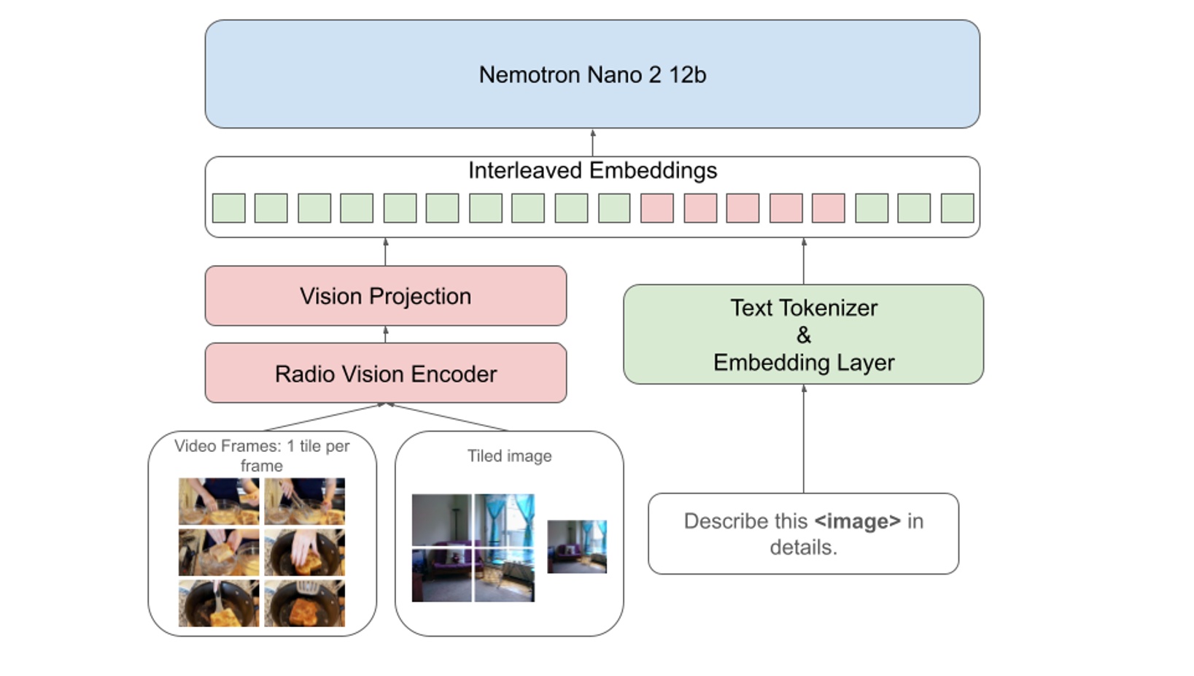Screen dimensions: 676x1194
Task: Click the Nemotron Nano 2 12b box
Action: click(x=592, y=74)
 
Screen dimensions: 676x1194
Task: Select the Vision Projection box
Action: click(x=385, y=296)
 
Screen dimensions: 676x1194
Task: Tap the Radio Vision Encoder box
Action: click(x=385, y=373)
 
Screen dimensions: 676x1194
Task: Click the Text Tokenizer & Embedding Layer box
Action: click(x=803, y=334)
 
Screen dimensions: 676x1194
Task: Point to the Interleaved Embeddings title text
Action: click(x=592, y=170)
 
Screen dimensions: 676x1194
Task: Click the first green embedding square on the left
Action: click(x=228, y=208)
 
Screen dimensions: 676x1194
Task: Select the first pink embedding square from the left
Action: click(x=656, y=208)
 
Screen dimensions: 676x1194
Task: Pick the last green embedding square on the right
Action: click(x=957, y=208)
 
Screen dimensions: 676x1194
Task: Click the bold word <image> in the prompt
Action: click(x=857, y=521)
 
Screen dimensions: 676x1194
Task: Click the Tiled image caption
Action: click(x=509, y=456)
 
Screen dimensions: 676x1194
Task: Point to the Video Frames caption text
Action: click(x=262, y=455)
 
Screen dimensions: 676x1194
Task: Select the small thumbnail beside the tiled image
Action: click(x=576, y=546)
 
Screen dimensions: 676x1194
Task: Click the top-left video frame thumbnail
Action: click(x=219, y=501)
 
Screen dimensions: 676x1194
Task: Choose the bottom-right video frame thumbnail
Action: click(x=304, y=603)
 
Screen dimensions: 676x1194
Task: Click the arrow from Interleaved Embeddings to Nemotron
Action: click(x=592, y=142)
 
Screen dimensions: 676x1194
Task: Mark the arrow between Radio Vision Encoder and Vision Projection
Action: click(x=385, y=334)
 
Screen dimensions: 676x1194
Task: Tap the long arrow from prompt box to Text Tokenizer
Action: click(x=803, y=438)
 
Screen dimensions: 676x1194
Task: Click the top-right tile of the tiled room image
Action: click(x=505, y=519)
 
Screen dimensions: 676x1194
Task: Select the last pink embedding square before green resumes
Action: click(x=828, y=208)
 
